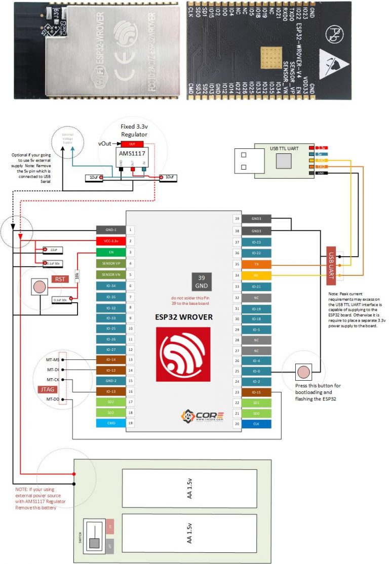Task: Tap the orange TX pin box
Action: (x=257, y=264)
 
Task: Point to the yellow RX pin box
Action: (x=257, y=275)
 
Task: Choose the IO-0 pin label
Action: (x=257, y=371)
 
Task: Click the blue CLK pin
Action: (x=257, y=424)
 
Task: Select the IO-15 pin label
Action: (x=257, y=392)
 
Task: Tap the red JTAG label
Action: (x=47, y=389)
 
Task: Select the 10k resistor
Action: (x=77, y=277)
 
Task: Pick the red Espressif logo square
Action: (x=182, y=354)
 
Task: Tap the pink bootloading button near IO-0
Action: (x=303, y=372)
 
